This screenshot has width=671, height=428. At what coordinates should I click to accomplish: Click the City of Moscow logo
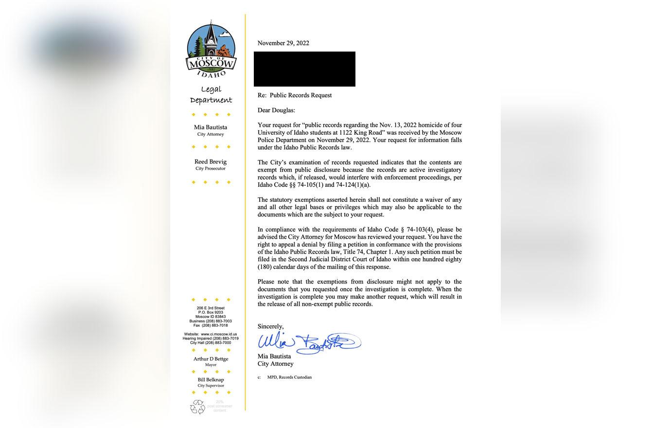(x=211, y=49)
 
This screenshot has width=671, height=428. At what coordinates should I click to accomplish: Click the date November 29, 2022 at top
(x=283, y=43)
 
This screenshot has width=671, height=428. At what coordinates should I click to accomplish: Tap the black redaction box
(x=304, y=69)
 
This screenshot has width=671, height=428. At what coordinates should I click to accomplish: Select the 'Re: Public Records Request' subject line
(x=295, y=95)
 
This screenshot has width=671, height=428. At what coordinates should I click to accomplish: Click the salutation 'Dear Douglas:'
(x=276, y=110)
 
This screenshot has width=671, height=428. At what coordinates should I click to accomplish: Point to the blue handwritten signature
(x=308, y=342)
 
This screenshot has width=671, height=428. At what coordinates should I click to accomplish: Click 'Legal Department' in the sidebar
(x=211, y=94)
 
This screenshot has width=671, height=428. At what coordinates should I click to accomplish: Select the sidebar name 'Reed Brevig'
(x=211, y=161)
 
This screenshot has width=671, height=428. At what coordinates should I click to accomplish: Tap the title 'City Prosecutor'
(x=211, y=169)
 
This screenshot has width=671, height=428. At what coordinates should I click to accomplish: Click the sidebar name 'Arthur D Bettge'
(x=211, y=359)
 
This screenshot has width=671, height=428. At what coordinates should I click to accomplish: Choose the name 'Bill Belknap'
(x=211, y=380)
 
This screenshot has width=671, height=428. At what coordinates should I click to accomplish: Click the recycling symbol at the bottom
(x=198, y=407)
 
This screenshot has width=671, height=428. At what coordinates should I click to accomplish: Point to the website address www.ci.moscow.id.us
(x=219, y=334)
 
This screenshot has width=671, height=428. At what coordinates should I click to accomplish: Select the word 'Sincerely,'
(x=271, y=326)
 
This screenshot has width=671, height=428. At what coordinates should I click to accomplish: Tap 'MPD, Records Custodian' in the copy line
(x=289, y=377)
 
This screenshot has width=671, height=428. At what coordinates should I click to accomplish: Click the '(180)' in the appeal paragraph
(x=265, y=267)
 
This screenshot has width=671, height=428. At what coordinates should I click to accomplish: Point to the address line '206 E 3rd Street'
(x=211, y=308)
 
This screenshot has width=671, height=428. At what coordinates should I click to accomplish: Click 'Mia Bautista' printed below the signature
(x=274, y=356)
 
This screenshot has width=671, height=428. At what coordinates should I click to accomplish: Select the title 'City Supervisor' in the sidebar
(x=211, y=386)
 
